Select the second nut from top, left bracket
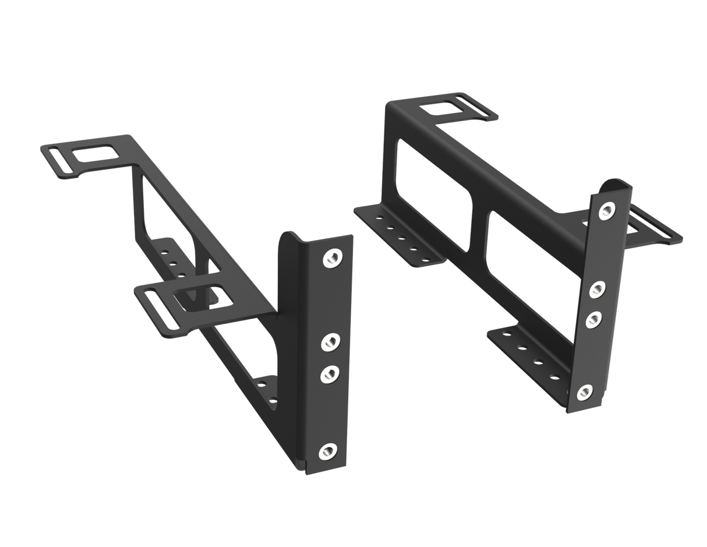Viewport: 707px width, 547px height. click(331, 342)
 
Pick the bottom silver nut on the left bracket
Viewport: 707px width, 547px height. click(328, 451)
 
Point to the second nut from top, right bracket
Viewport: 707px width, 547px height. click(598, 289)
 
